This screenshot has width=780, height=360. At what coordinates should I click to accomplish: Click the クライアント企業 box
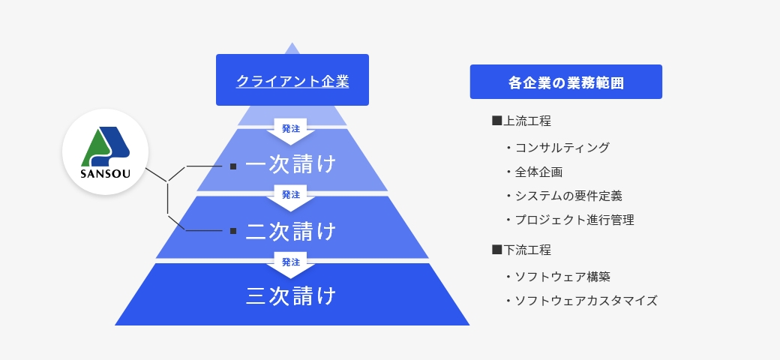click(x=292, y=79)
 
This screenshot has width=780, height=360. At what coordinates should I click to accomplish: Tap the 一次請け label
click(x=291, y=164)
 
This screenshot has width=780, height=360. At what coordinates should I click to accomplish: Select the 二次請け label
click(x=291, y=231)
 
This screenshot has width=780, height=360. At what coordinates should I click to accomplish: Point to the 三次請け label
click(x=291, y=295)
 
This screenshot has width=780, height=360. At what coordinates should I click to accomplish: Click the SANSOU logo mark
click(x=105, y=147)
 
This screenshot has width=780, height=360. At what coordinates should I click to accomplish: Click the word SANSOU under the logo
click(x=106, y=174)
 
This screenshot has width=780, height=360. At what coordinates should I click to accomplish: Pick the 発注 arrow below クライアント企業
click(x=291, y=130)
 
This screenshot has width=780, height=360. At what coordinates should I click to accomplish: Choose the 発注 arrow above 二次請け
click(x=291, y=197)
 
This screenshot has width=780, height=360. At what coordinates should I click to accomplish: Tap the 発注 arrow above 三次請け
click(x=291, y=265)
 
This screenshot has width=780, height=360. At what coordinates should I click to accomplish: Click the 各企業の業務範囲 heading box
click(x=566, y=82)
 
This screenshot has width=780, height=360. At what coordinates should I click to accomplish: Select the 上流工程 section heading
click(x=521, y=121)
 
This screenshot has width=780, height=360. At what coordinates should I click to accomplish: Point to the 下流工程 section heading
click(x=521, y=250)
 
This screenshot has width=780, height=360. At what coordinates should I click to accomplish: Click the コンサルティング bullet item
click(x=557, y=148)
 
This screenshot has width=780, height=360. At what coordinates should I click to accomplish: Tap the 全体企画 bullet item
click(x=534, y=172)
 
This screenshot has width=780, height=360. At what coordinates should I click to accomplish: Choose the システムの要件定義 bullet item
click(x=563, y=196)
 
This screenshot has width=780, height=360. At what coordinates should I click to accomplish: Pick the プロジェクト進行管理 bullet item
click(x=569, y=220)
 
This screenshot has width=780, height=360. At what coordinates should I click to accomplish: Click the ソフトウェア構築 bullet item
click(x=557, y=277)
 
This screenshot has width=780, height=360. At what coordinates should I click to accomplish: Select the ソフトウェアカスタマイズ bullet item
click(x=581, y=301)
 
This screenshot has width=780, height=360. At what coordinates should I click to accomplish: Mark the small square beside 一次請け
click(x=233, y=166)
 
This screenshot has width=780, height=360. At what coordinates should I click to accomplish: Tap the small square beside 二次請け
click(x=233, y=231)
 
